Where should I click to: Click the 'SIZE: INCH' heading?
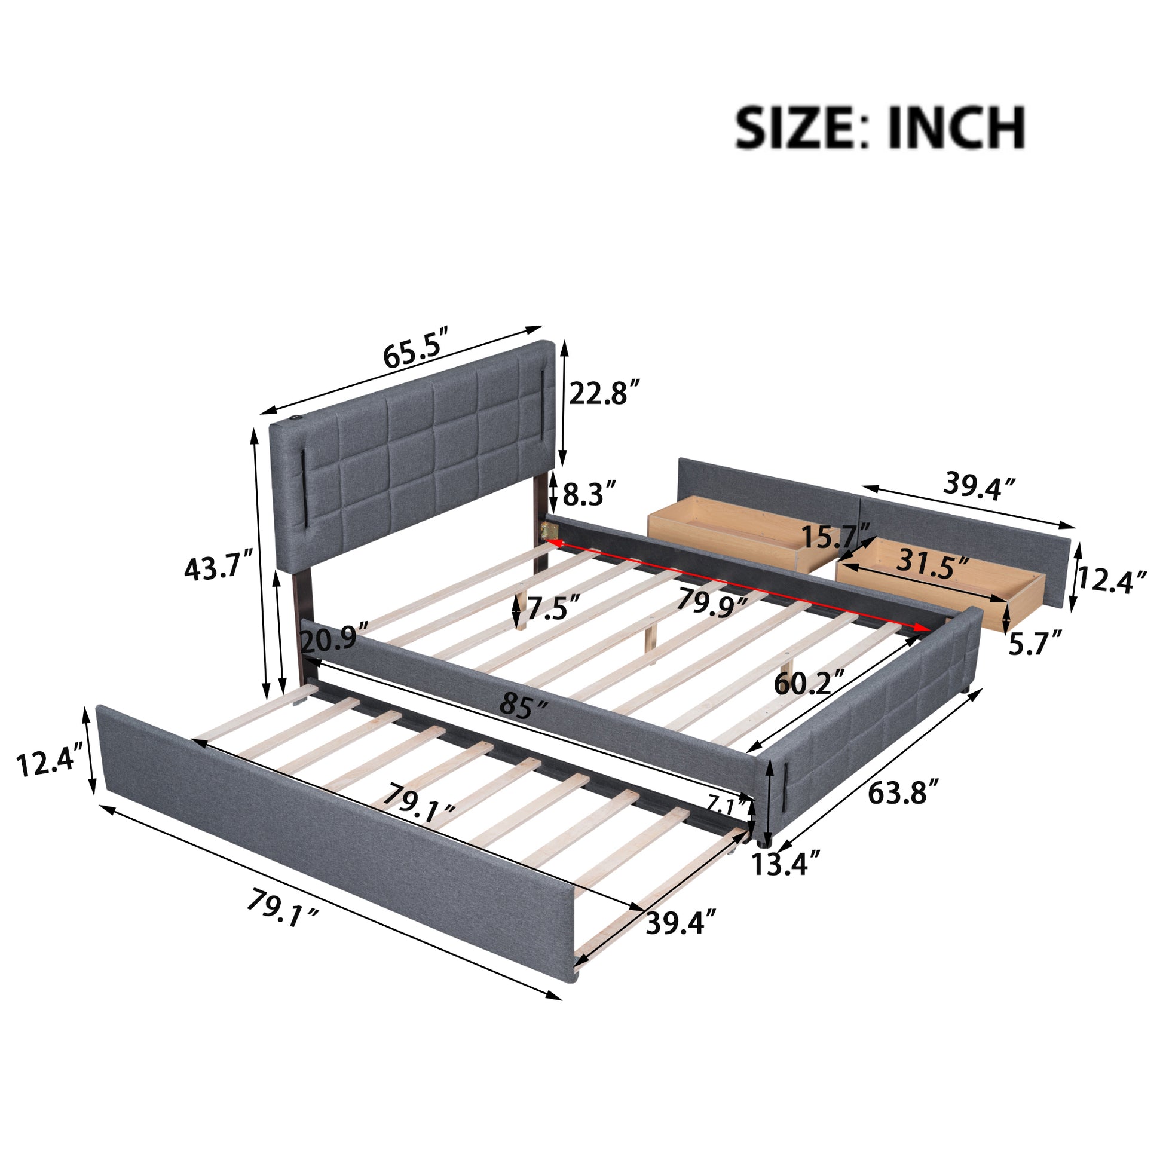coord(880,128)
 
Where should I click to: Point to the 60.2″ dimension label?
coord(810,683)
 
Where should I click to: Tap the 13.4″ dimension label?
coord(786,865)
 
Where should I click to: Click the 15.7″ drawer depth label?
coord(836,536)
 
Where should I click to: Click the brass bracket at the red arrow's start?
coord(549,530)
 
